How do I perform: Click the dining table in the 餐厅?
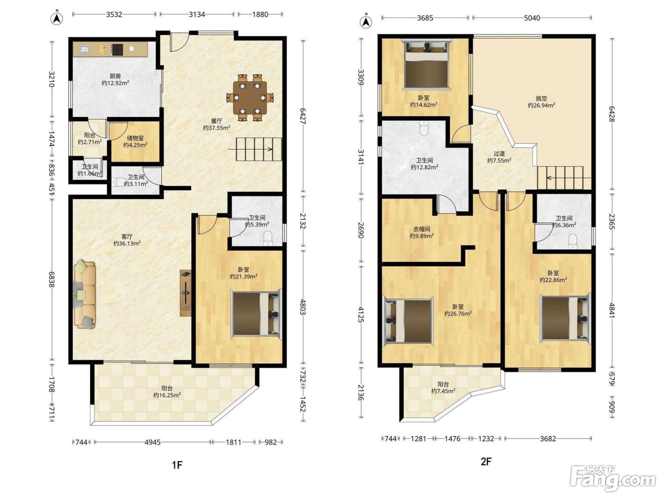coord(250,97)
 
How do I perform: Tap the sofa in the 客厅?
coord(84,294)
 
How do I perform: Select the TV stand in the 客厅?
coord(185,293)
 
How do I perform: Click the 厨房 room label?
coord(115,76)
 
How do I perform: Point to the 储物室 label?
coord(135,138)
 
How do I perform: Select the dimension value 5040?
coord(532,18)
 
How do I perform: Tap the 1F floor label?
coord(177,465)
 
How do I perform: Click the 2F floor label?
coord(486,461)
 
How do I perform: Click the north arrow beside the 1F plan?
coord(56,19)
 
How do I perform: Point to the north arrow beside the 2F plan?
coord(366,21)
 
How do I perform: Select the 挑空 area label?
coord(541,98)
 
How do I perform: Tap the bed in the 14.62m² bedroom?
coord(426,65)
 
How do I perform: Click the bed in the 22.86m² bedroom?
coord(566,318)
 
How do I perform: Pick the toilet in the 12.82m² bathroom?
coord(424,128)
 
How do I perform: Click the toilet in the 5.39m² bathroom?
coord(268,239)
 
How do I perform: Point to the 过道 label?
coord(499,154)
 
